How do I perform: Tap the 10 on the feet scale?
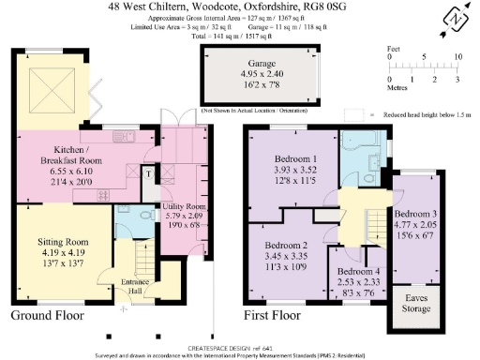[x=458, y=56]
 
